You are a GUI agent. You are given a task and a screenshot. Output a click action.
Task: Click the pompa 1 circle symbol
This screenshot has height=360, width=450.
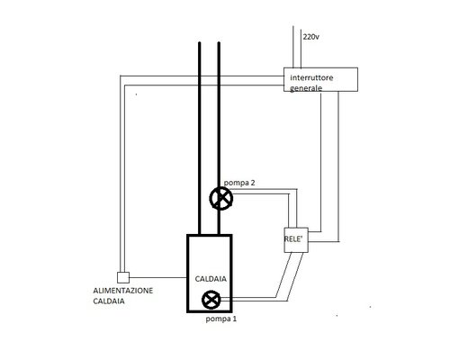click(212, 301)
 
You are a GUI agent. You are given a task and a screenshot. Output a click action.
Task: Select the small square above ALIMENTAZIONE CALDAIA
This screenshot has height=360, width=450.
click(124, 276)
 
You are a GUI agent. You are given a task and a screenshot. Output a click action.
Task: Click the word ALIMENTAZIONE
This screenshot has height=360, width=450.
click(130, 292)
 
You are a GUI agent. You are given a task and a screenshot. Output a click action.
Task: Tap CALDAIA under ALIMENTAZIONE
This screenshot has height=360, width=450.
click(112, 302)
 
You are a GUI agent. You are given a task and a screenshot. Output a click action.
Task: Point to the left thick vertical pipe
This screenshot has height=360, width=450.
click(200, 135)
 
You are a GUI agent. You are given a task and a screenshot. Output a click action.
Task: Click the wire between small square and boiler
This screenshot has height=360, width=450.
click(157, 276)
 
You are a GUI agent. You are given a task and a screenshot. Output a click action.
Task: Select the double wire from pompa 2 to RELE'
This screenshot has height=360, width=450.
click(261, 192)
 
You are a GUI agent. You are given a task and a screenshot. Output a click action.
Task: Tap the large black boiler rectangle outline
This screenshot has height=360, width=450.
click(188, 270)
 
